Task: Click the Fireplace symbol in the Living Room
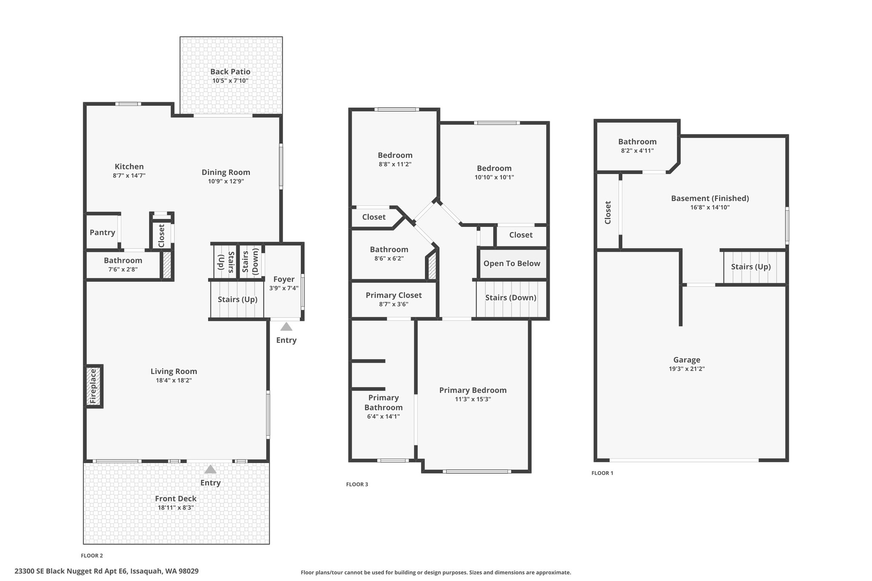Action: tap(94, 386)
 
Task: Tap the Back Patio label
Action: tap(230, 72)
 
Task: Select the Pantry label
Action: tap(102, 232)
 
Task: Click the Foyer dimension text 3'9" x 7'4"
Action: tap(284, 288)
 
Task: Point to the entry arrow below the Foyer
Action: tap(286, 326)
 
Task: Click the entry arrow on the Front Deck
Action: tap(210, 469)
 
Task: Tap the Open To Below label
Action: tap(512, 263)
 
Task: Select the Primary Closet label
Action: tap(394, 295)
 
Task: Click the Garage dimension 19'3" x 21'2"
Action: tap(687, 369)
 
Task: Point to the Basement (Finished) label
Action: tap(710, 198)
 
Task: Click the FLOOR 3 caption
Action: tap(357, 484)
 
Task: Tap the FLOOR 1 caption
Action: tap(602, 473)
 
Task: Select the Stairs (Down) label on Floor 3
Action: tap(511, 298)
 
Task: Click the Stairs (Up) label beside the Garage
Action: tap(751, 267)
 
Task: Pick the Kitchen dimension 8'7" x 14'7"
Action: tap(129, 175)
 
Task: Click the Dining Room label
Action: tap(226, 172)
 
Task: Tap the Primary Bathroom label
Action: tap(383, 403)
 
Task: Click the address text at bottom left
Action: tap(106, 571)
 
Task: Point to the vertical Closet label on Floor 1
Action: tap(608, 212)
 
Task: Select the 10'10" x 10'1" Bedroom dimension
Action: tap(494, 177)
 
